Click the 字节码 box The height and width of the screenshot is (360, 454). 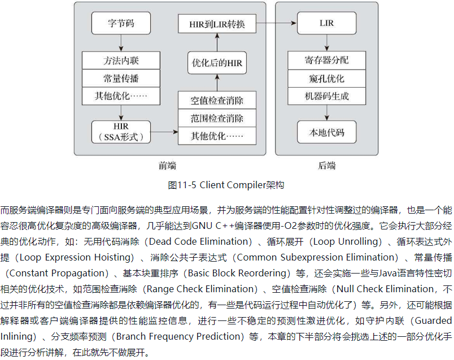coord(121,24)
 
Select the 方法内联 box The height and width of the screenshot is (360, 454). coord(121,60)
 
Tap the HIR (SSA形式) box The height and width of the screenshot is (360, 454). coord(121,132)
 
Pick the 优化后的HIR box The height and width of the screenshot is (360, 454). coord(217,63)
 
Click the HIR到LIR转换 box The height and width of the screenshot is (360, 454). coord(217,24)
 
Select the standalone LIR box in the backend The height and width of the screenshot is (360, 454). coord(326,24)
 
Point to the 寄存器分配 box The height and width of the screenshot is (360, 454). coord(326,60)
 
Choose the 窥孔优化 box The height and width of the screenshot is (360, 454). coord(326,78)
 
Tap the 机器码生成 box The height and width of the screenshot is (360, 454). coord(326,96)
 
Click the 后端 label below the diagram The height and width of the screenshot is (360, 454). coord(326,166)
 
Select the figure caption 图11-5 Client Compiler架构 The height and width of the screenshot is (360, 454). coord(226,185)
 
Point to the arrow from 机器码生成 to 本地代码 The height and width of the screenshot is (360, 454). coord(326,113)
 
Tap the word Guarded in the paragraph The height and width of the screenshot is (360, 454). coord(432,320)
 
